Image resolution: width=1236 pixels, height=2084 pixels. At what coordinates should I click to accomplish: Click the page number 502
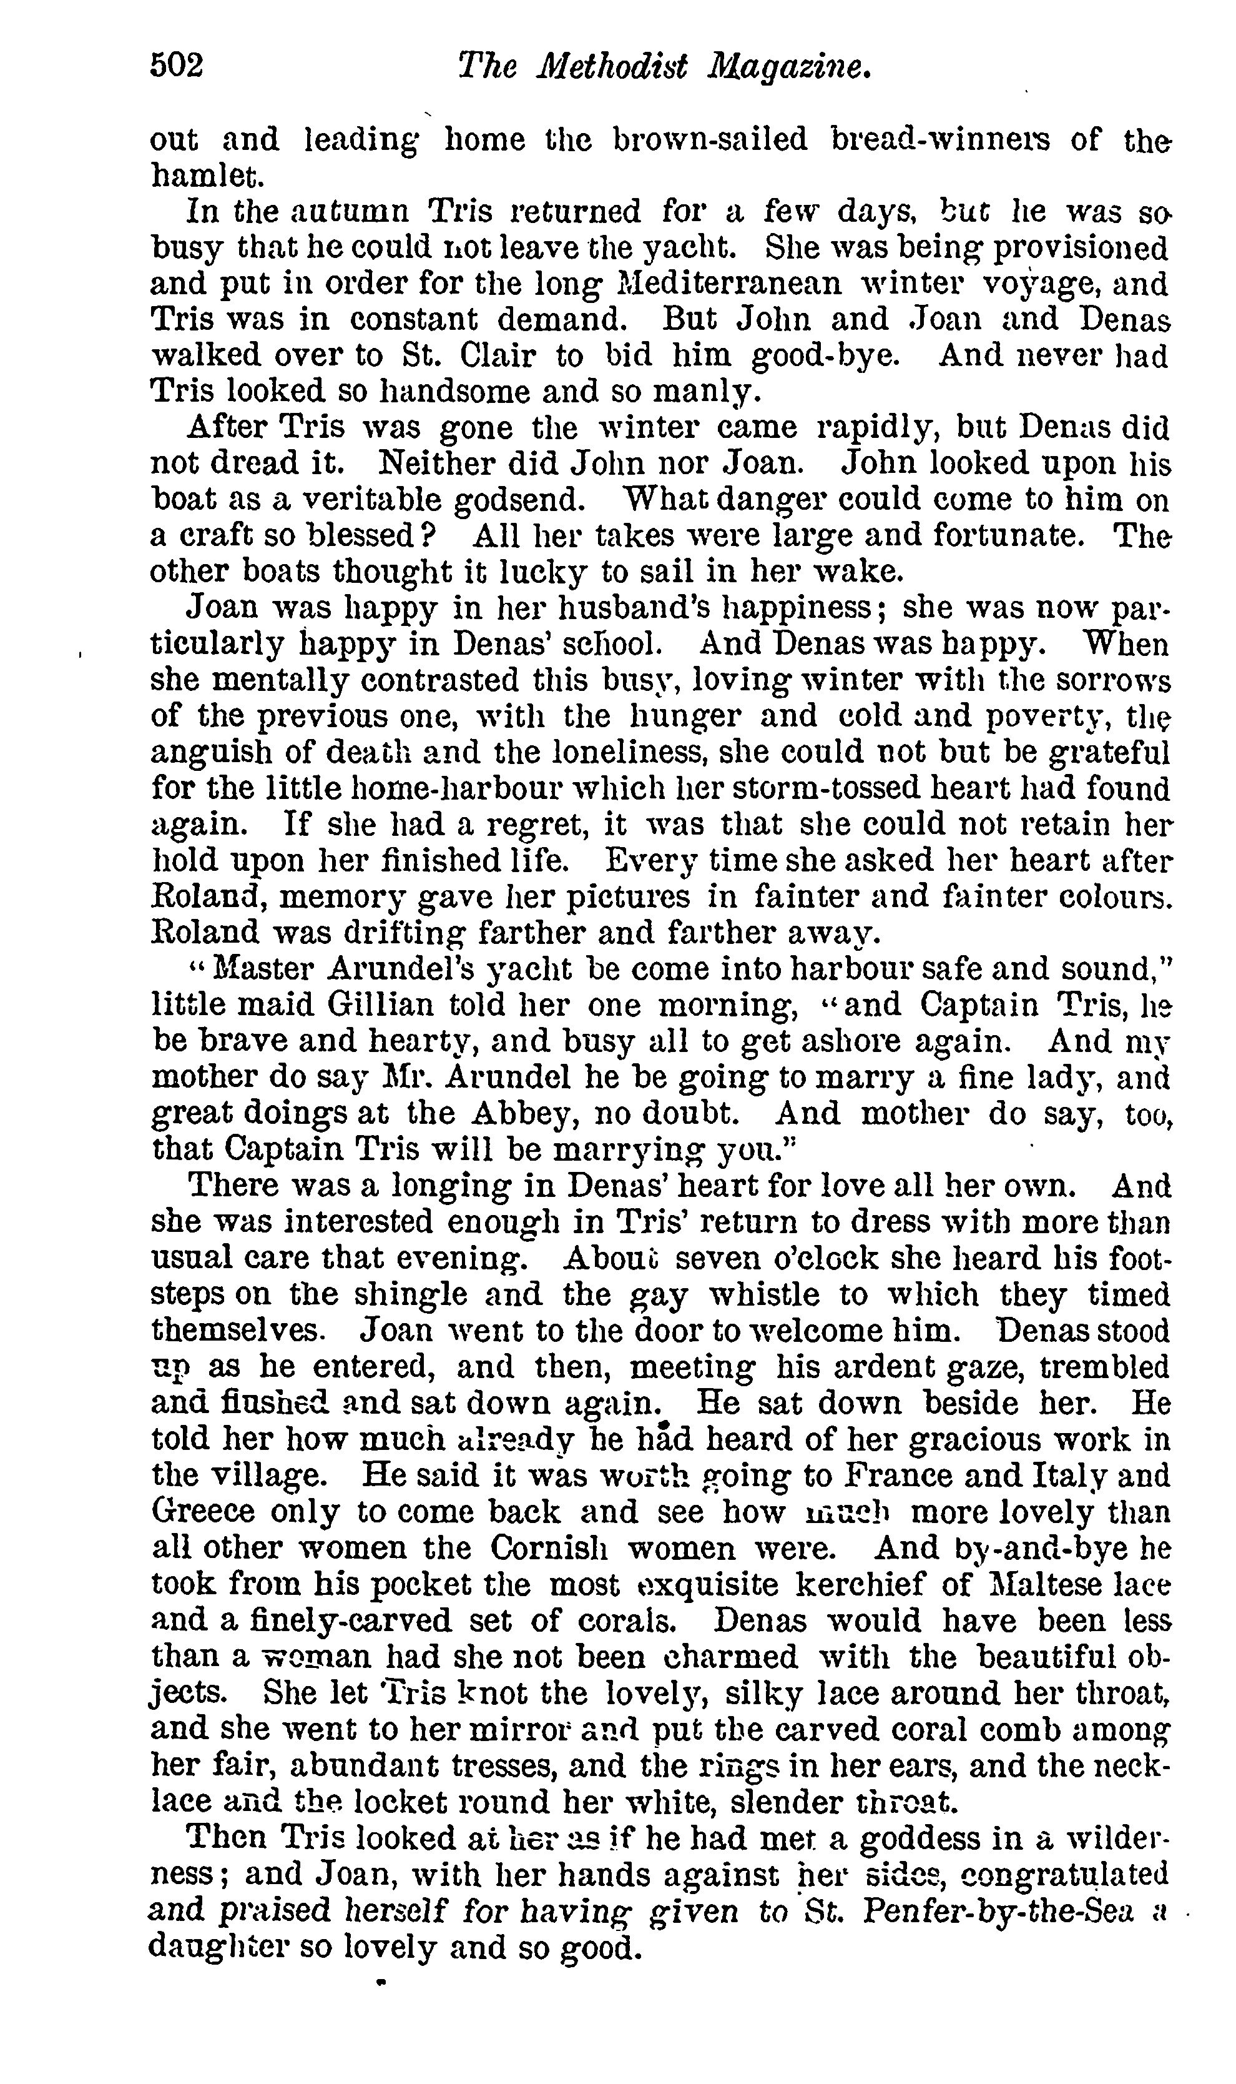177,65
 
